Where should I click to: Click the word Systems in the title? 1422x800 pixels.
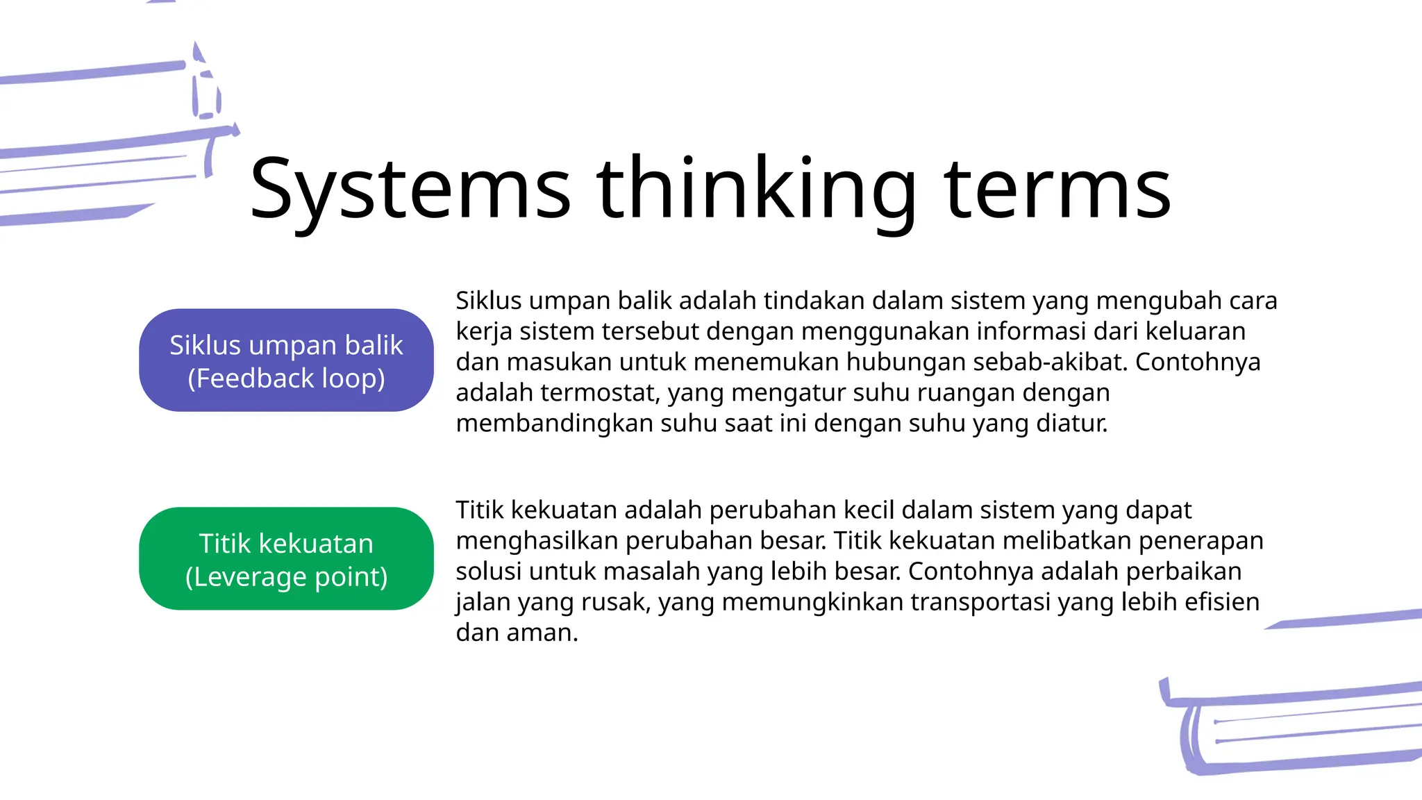(x=410, y=189)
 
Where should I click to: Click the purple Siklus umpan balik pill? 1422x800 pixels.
(x=286, y=360)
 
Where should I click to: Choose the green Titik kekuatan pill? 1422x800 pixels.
(x=286, y=558)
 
